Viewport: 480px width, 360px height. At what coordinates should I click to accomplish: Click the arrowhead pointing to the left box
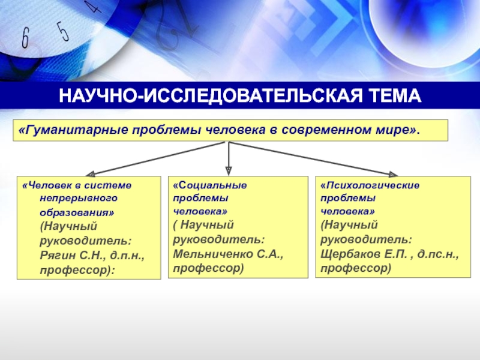click(86, 173)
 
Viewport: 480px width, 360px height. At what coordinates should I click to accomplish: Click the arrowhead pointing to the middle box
click(228, 170)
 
